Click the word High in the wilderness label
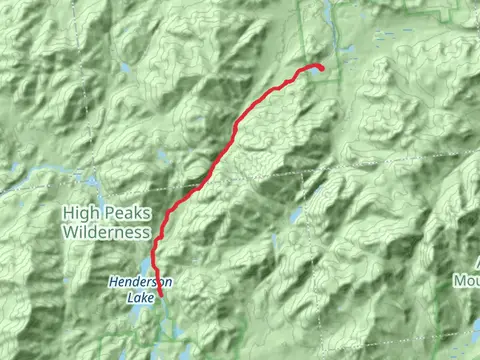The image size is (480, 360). click(x=78, y=212)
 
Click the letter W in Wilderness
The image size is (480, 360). click(x=68, y=231)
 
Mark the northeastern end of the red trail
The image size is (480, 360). click(x=322, y=68)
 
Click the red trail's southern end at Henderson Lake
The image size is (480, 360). click(x=161, y=296)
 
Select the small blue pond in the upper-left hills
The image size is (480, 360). click(x=124, y=69)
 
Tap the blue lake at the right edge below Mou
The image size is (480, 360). click(x=474, y=330)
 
